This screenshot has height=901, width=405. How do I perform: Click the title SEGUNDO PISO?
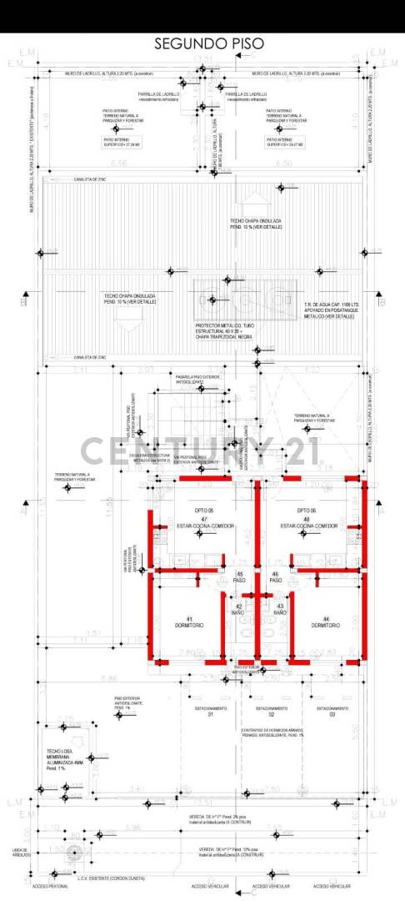[202, 43]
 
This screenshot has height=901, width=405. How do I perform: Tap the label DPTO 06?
[307, 510]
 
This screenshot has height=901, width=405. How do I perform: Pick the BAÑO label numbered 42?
[238, 610]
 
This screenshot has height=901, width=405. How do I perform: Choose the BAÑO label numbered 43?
[280, 610]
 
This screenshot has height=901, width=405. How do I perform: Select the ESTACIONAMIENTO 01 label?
[211, 712]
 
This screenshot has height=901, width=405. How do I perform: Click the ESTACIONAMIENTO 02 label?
[272, 712]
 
